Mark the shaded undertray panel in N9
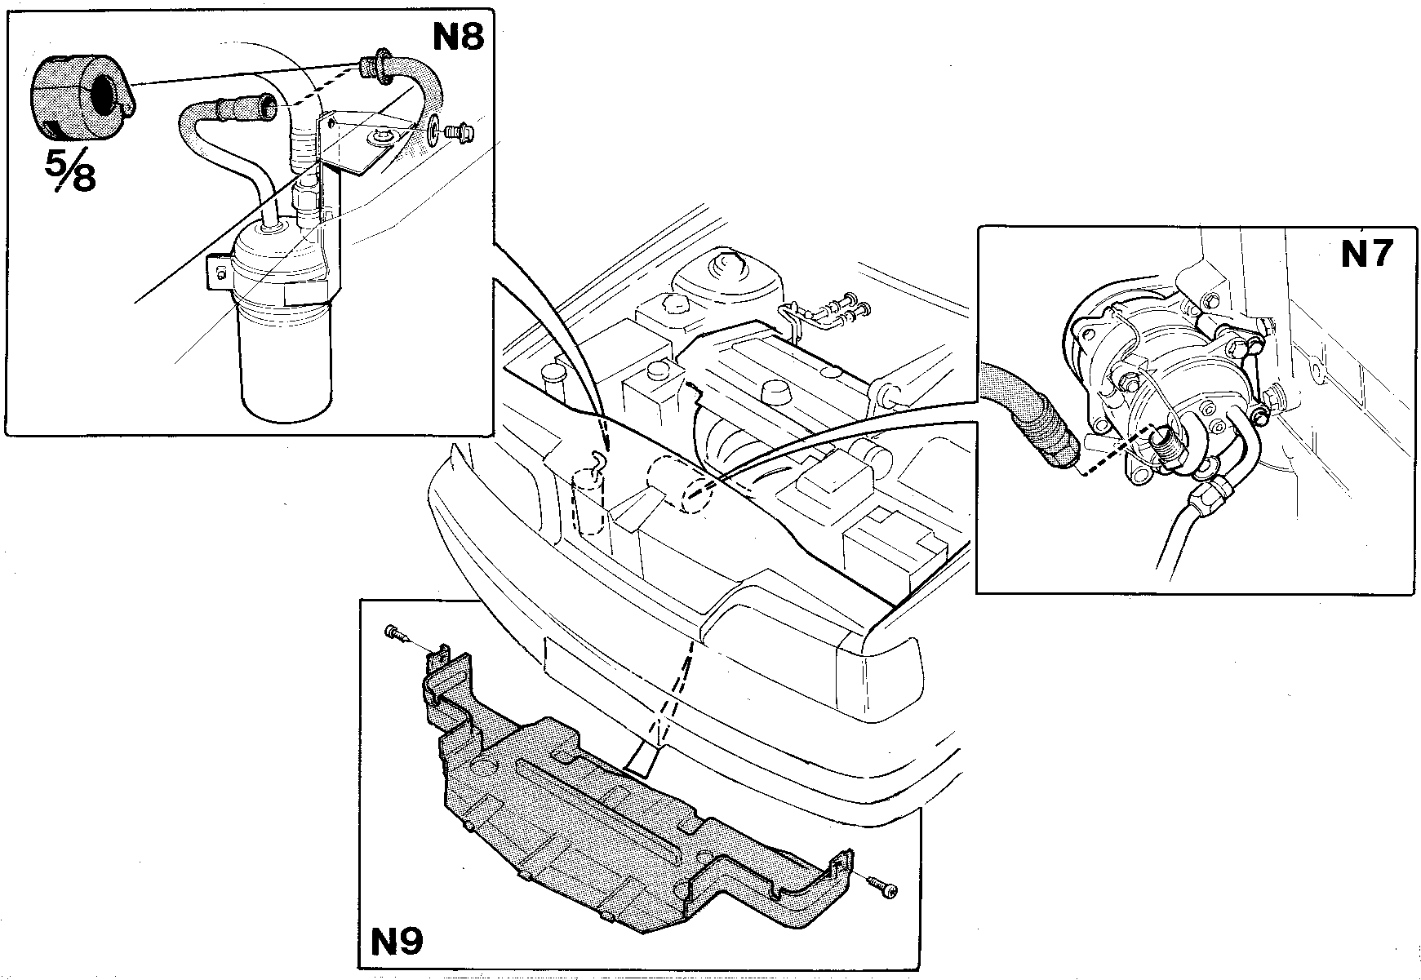620,808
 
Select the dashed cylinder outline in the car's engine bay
590,502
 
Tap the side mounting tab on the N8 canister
215,272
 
